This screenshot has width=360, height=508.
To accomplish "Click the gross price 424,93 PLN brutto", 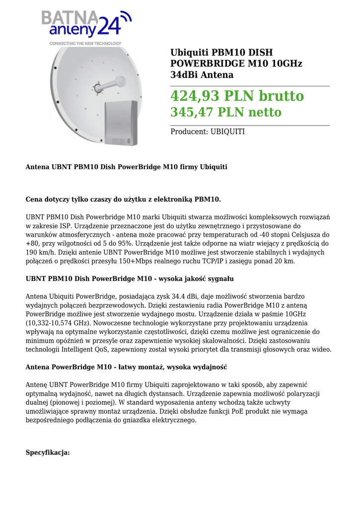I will coord(237,95).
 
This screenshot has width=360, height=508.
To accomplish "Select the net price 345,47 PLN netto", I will coord(225,112).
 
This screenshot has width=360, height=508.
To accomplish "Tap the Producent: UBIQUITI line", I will coord(207,131).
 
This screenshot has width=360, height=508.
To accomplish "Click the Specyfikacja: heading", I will coord(48,452).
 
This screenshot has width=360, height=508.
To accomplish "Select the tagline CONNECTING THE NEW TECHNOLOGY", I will coord(85,44).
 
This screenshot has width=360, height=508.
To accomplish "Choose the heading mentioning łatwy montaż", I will coord(126,367).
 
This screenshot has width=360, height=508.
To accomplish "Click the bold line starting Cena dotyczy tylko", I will coord(123,199).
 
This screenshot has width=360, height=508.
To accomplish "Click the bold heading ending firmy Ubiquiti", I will coord(126,167).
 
